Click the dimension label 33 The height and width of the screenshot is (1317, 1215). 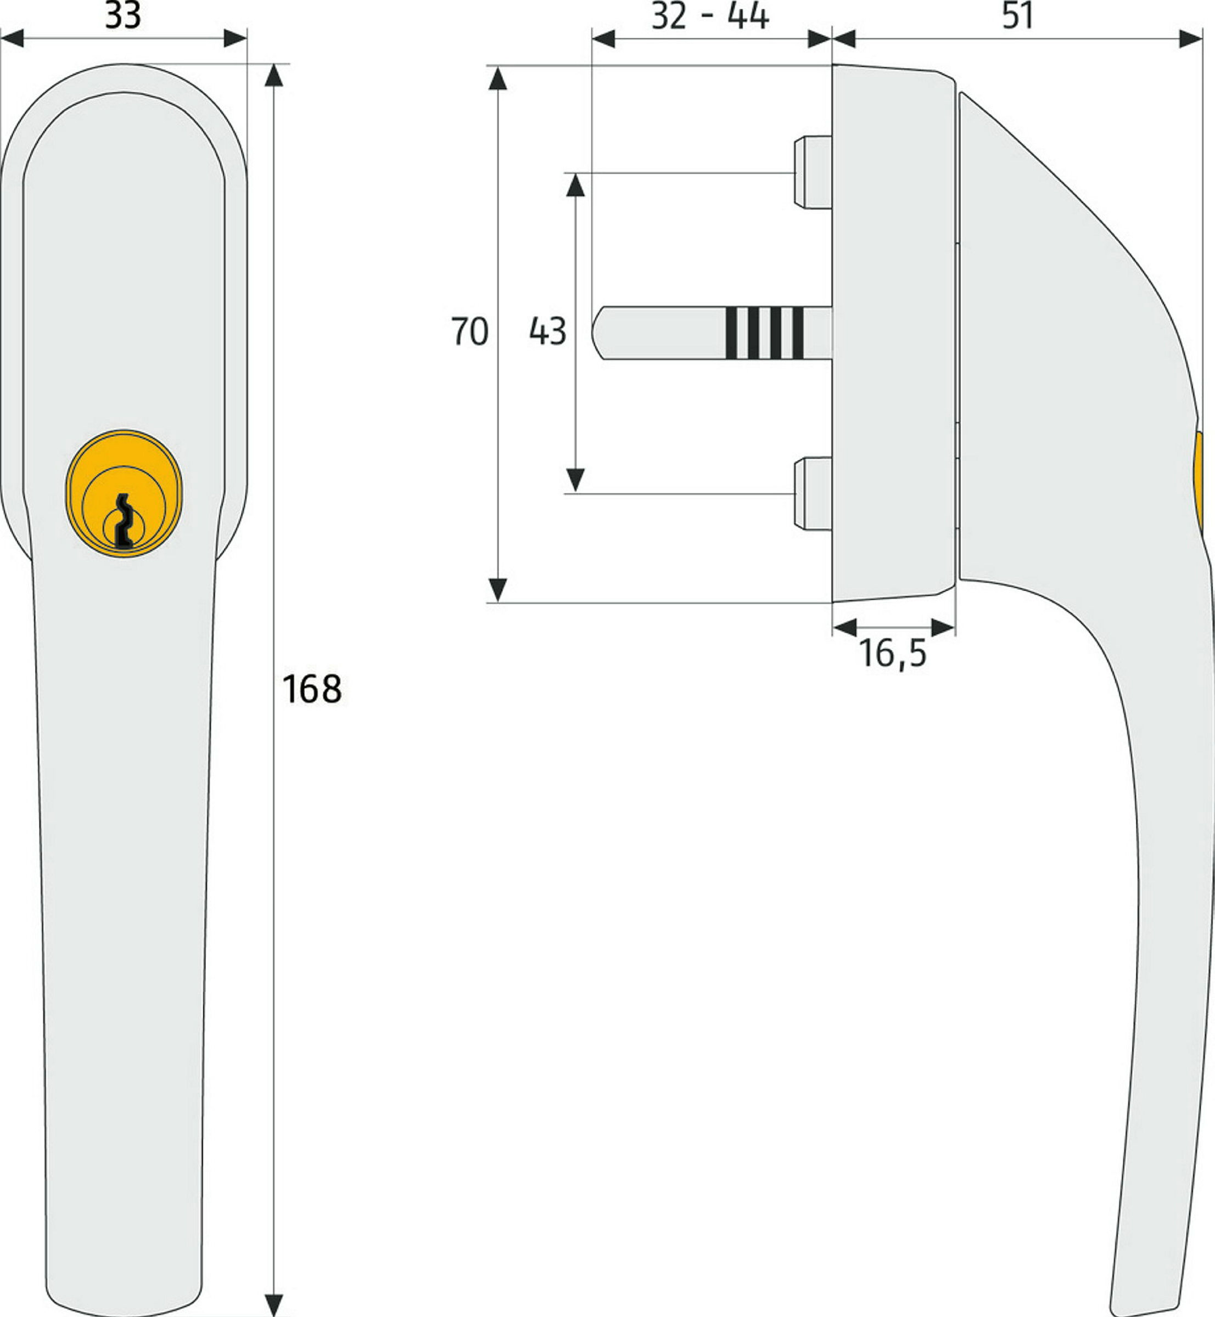coord(123,15)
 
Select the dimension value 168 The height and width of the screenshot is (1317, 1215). coord(312,689)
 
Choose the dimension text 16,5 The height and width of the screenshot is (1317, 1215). coord(892,653)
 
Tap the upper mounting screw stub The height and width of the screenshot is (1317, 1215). coord(813,172)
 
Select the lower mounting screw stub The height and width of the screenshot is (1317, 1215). coord(813,493)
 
